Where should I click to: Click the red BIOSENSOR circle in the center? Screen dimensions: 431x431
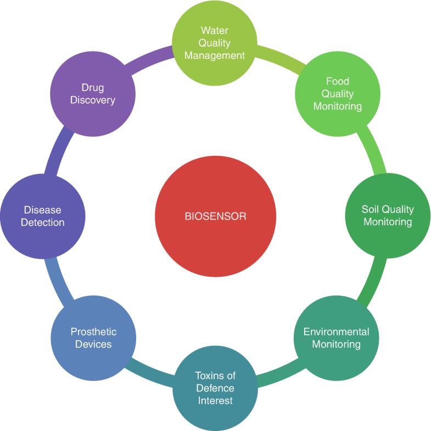click(x=215, y=216)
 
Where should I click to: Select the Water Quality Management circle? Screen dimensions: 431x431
click(x=215, y=43)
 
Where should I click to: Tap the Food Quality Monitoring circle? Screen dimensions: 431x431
click(x=338, y=93)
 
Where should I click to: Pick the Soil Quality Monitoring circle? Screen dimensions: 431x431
click(x=388, y=216)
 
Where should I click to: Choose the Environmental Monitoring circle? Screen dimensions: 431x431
click(x=337, y=338)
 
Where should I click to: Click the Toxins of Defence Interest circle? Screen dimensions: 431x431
click(x=215, y=388)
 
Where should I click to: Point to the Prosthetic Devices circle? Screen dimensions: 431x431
click(x=93, y=338)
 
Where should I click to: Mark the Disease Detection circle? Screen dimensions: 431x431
click(x=43, y=216)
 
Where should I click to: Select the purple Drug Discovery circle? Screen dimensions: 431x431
click(x=93, y=93)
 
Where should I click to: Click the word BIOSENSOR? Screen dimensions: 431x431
click(x=215, y=216)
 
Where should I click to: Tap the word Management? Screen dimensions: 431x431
click(x=215, y=55)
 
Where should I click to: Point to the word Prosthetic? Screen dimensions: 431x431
click(x=93, y=332)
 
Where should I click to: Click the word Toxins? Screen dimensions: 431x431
click(x=215, y=376)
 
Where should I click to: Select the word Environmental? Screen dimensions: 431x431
click(x=337, y=332)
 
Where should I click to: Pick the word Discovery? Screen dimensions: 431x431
click(x=93, y=100)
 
